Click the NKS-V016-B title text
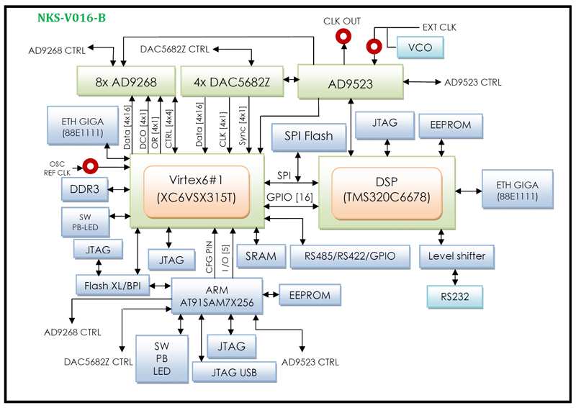(71, 17)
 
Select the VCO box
(419, 47)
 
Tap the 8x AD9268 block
(125, 82)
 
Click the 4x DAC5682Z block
(232, 82)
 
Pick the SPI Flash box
(308, 135)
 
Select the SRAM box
(261, 256)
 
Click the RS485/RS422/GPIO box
(349, 256)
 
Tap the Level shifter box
(456, 255)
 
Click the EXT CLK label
(438, 27)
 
